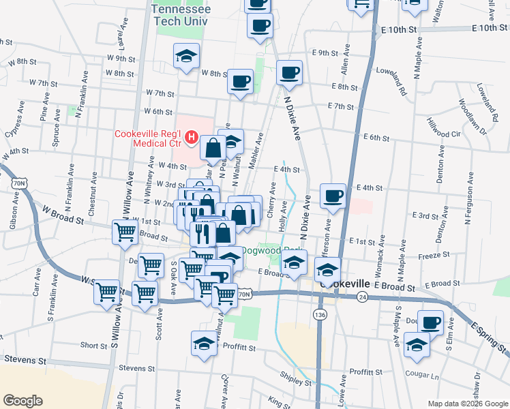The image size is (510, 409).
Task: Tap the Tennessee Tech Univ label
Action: (181, 16)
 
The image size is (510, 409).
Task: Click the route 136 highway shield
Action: (319, 314)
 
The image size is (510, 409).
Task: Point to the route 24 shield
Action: (363, 297)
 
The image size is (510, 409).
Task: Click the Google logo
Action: (23, 401)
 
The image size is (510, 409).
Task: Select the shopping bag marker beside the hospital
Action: (214, 147)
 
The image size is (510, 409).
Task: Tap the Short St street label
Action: (90, 346)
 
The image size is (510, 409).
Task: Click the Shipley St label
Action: (295, 376)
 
